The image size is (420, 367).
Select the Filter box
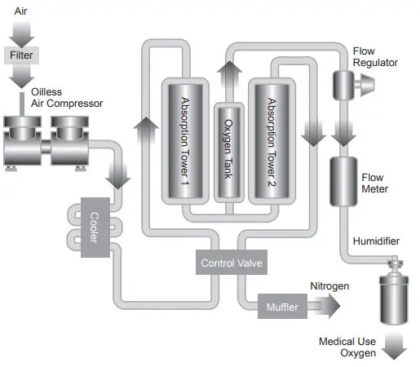coord(20,55)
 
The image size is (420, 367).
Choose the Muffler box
coord(283,307)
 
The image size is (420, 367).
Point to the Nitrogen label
coord(329,286)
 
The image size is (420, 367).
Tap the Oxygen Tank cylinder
coord(228,155)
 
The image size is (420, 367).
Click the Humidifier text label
coord(377,241)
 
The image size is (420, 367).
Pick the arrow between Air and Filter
coord(20,33)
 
